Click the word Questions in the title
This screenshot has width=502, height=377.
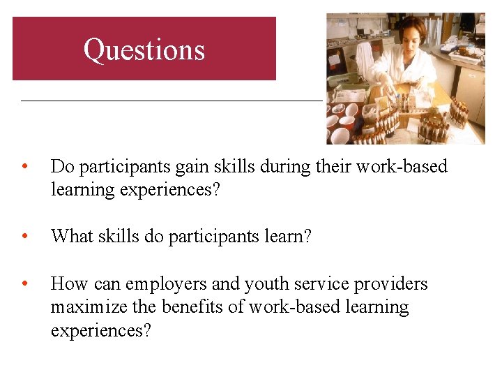[x=144, y=50]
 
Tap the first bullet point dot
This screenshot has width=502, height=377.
[x=24, y=167]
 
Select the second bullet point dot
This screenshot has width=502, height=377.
[x=24, y=237]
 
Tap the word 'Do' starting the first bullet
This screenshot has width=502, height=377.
[x=61, y=167]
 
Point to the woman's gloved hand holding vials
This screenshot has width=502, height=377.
[x=391, y=90]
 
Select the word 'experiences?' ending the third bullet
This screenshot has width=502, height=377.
[x=100, y=331]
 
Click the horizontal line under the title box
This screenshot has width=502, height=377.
[x=172, y=101]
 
